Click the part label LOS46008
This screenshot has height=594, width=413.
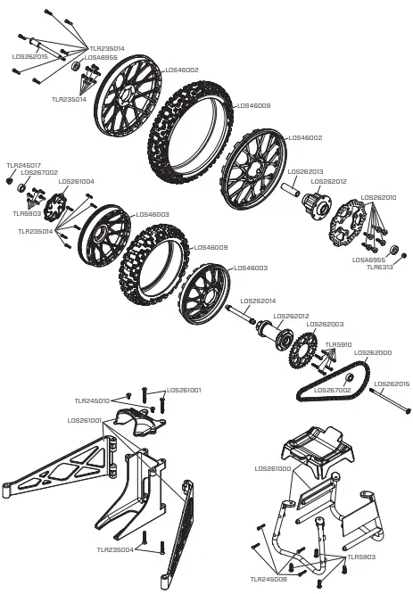(252, 105)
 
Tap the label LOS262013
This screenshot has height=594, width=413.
(306, 171)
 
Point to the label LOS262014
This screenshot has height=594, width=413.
(258, 301)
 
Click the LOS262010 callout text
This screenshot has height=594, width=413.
(380, 197)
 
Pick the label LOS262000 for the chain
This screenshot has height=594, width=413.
(374, 352)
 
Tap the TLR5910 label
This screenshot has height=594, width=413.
(338, 344)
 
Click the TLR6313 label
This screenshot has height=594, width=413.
(381, 267)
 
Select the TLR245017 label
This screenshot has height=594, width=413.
(23, 165)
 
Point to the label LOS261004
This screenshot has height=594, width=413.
(76, 181)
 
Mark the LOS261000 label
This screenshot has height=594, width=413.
(272, 468)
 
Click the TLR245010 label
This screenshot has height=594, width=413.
(92, 401)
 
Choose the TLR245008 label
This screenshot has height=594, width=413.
(268, 578)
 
